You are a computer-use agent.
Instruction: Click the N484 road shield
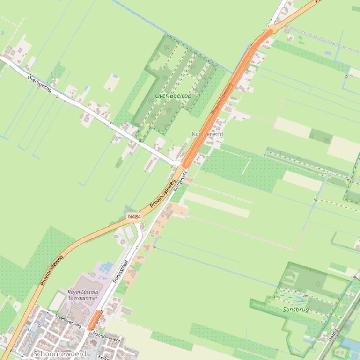[134, 216]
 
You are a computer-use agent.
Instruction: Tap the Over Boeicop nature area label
[173, 96]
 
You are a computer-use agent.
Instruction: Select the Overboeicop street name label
[39, 83]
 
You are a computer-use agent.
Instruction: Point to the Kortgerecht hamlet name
[208, 134]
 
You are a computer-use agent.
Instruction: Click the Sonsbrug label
[296, 310]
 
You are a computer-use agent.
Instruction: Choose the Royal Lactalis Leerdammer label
[83, 295]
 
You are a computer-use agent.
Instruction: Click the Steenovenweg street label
[68, 320]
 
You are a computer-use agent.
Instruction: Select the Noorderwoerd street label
[107, 338]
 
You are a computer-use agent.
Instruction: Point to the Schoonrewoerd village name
[59, 354]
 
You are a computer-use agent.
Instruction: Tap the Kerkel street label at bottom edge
[104, 357]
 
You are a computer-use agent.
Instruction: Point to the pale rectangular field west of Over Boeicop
[112, 83]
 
